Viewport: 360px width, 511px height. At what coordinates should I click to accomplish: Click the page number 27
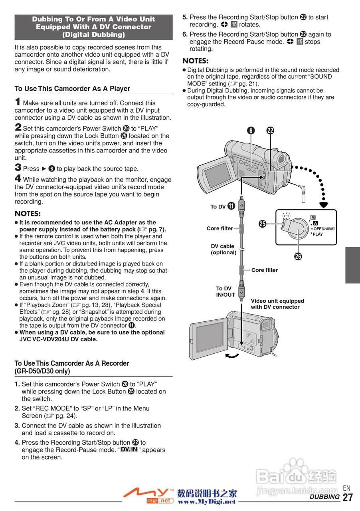click(348, 497)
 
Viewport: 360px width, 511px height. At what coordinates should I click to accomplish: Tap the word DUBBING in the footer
click(324, 497)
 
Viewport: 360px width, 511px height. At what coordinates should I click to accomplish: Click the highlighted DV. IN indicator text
click(129, 450)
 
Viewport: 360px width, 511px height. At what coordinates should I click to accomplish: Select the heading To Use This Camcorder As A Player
click(72, 89)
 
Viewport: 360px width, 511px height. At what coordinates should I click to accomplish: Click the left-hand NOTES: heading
click(28, 214)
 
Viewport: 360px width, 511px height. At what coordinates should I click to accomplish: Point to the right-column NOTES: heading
click(196, 61)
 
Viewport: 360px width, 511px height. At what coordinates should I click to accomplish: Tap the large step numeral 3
click(18, 168)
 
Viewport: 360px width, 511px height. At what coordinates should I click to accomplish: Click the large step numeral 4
click(18, 179)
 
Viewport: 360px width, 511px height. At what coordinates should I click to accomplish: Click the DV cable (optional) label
click(223, 249)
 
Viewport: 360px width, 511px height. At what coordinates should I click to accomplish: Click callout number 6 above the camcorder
click(251, 131)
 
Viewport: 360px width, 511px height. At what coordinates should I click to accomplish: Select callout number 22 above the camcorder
click(270, 131)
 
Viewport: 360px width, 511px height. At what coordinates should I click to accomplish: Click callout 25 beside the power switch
click(263, 224)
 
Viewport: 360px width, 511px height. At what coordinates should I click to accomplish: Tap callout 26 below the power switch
click(298, 256)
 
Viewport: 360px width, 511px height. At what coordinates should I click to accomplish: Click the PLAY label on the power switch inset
click(318, 234)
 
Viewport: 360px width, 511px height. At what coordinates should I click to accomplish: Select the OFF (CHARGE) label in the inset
click(323, 229)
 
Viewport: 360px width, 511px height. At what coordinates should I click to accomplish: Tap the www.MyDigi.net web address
click(207, 501)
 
